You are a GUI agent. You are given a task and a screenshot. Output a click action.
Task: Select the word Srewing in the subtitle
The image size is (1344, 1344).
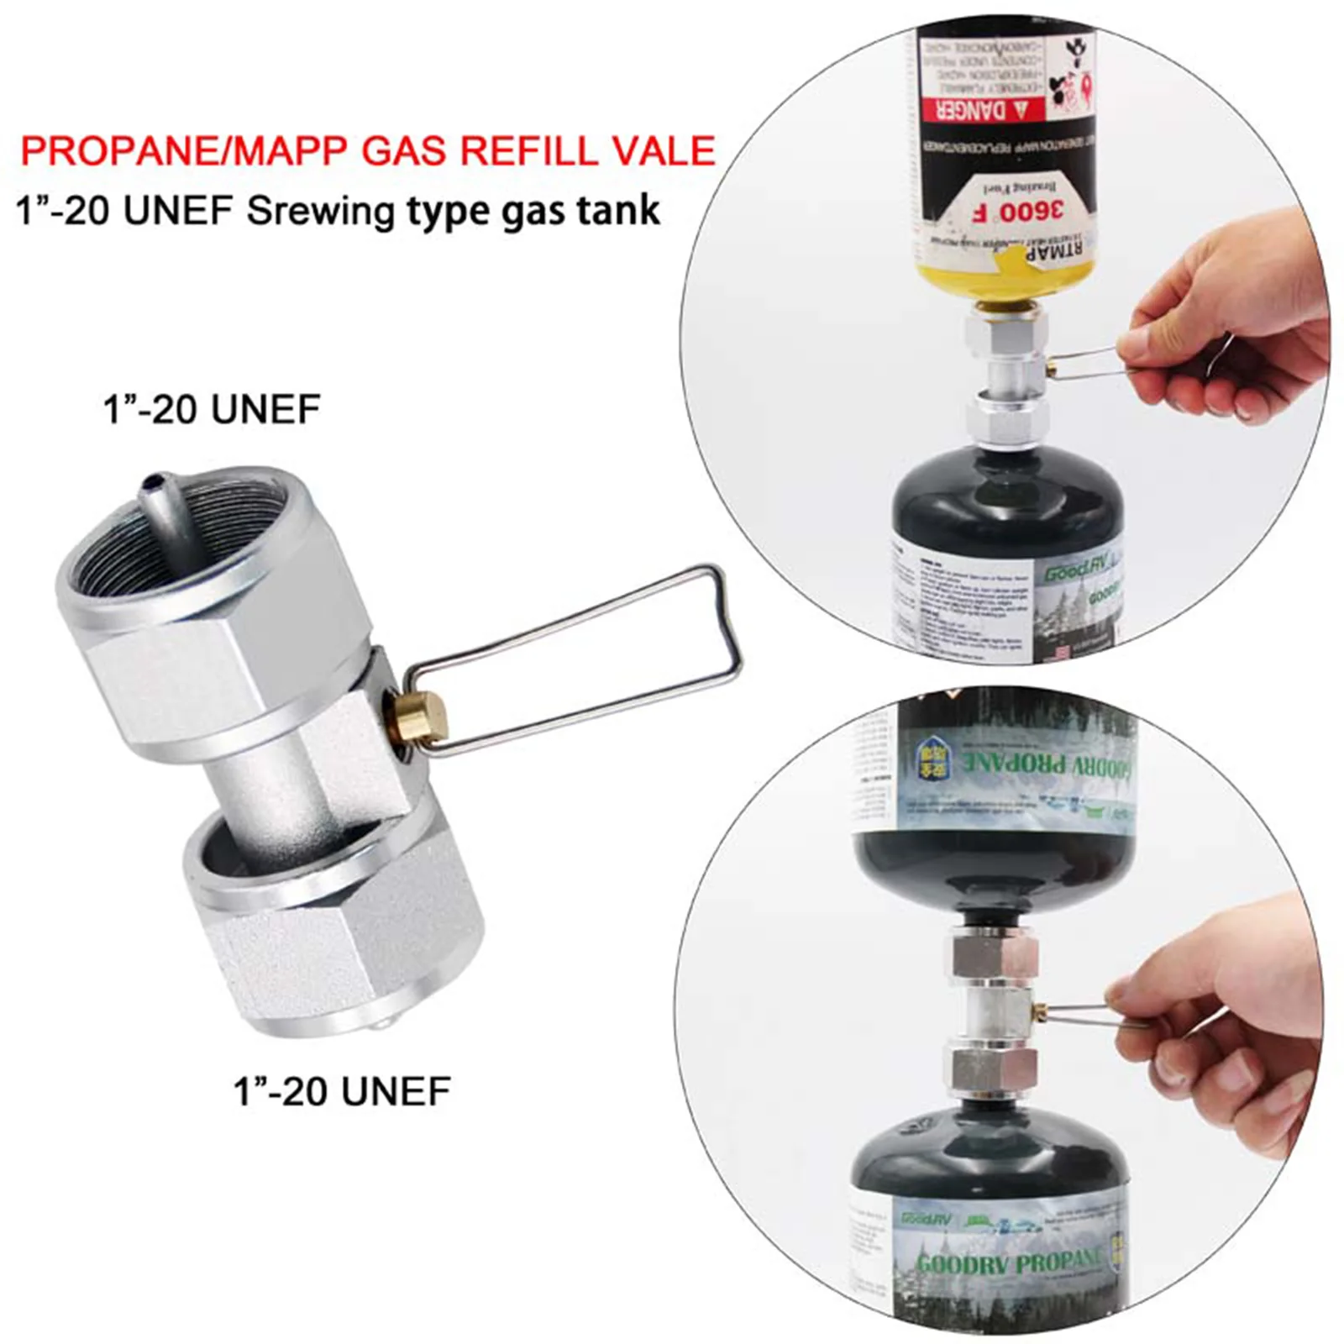tap(320, 211)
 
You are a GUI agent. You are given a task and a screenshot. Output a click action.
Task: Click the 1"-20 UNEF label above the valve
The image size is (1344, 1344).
tap(212, 410)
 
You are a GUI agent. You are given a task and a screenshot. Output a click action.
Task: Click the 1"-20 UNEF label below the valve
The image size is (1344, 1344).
tap(342, 1091)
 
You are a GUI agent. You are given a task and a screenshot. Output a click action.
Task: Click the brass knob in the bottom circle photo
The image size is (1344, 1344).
tap(1042, 1009)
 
